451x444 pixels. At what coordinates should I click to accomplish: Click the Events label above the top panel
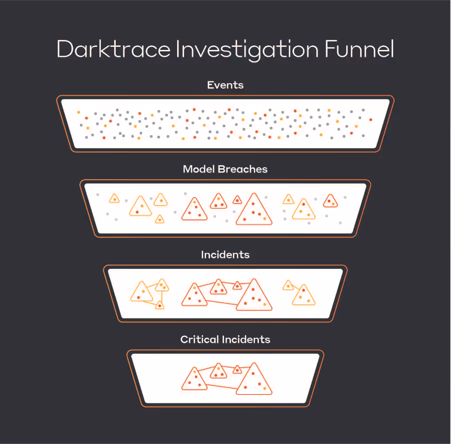point(225,85)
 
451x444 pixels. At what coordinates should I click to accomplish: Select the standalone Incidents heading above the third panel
point(225,254)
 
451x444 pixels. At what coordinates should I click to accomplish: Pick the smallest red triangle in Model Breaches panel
point(237,200)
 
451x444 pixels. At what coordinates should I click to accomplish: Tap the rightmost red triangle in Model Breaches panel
point(330,201)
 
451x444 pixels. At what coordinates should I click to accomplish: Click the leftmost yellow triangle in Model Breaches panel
point(114,199)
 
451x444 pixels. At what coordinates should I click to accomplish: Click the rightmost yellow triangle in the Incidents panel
point(303,296)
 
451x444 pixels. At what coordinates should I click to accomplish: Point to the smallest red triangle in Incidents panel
point(237,286)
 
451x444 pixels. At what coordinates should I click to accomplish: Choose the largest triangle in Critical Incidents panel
point(254,381)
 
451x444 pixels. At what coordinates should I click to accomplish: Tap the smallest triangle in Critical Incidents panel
point(237,370)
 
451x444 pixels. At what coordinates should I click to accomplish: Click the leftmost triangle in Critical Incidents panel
point(194,380)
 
